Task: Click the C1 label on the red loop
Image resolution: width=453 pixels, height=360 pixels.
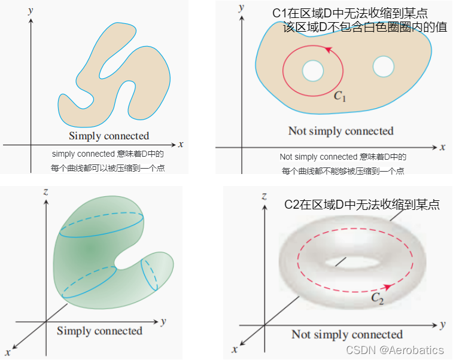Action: pyautogui.click(x=340, y=96)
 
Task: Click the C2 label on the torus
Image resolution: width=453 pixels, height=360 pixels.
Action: pyautogui.click(x=377, y=298)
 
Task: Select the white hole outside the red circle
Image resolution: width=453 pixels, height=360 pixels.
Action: pyautogui.click(x=383, y=66)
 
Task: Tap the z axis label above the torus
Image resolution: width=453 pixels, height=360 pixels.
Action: pyautogui.click(x=264, y=196)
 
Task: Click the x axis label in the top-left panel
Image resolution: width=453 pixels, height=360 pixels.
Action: pyautogui.click(x=180, y=144)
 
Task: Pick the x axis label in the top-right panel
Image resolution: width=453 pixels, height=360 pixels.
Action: pyautogui.click(x=443, y=147)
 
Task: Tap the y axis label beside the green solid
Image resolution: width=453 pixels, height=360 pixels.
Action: pyautogui.click(x=163, y=321)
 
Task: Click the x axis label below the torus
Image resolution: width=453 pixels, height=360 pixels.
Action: pyautogui.click(x=235, y=348)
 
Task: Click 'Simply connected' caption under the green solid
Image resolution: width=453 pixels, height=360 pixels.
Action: pyautogui.click(x=99, y=331)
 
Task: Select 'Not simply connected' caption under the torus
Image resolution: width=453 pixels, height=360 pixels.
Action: pyautogui.click(x=347, y=334)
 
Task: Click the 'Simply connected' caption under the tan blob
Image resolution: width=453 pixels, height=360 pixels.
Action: pyautogui.click(x=109, y=136)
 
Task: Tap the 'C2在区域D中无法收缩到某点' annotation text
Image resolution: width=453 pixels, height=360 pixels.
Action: pyautogui.click(x=362, y=205)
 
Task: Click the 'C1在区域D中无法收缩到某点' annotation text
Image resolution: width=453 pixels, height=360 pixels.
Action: pyautogui.click(x=350, y=13)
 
